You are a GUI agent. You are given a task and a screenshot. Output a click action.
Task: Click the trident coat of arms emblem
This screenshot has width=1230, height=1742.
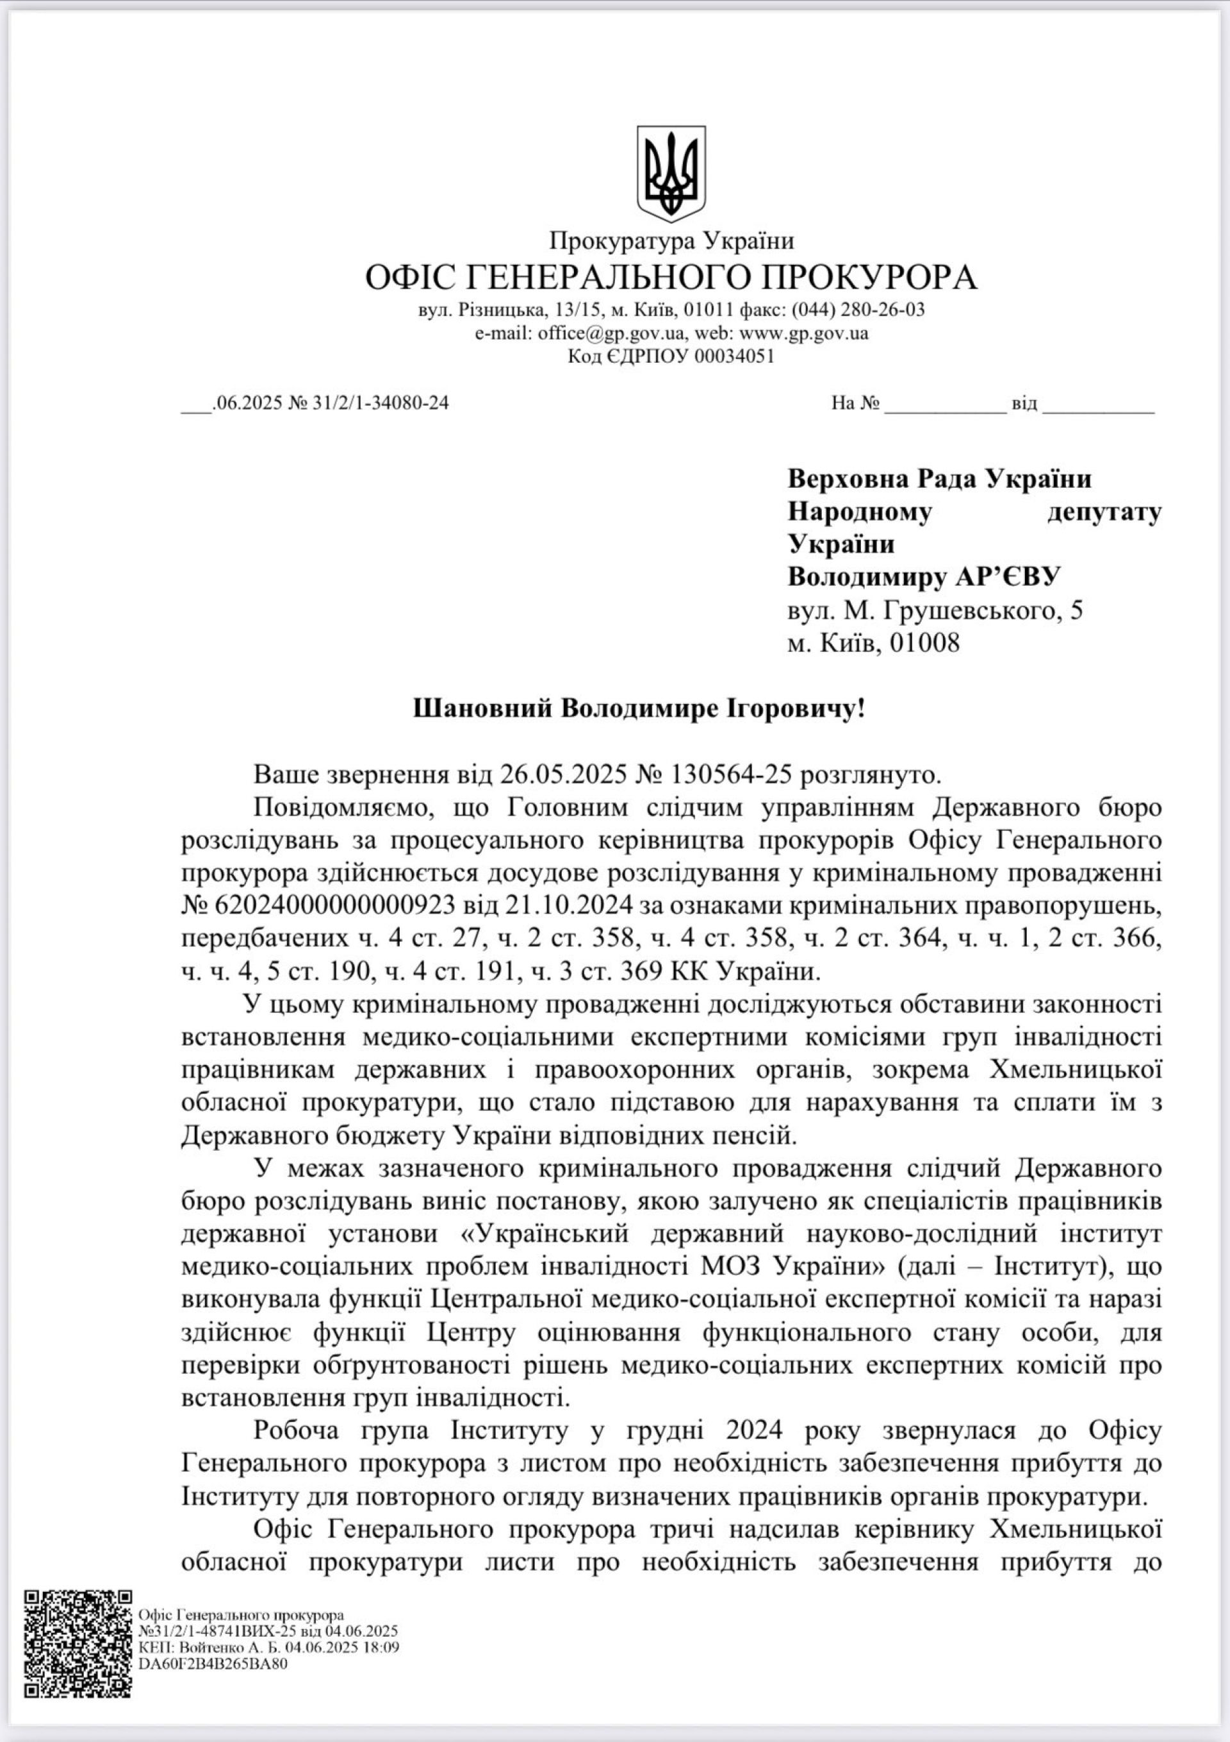coord(671,174)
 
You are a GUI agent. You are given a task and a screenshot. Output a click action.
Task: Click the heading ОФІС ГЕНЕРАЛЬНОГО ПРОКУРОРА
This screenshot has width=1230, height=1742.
coord(671,278)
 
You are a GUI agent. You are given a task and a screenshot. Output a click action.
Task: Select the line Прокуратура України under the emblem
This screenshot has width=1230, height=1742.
coord(671,241)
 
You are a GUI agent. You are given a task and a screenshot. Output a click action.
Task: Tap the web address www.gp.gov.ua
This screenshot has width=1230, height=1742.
coord(804,333)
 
